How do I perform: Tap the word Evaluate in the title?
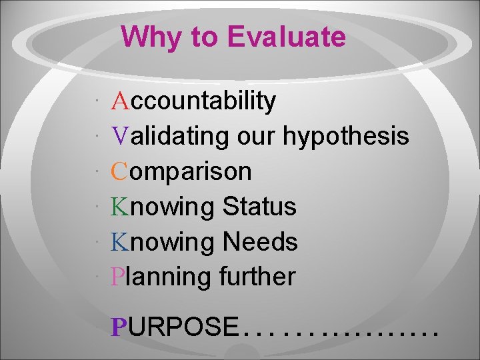click(x=287, y=37)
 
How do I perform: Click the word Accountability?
click(x=194, y=101)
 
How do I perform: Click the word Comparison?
click(x=181, y=172)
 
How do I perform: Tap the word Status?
click(x=259, y=207)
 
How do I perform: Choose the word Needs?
click(x=261, y=241)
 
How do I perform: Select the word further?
click(x=257, y=276)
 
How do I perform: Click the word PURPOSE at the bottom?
click(x=175, y=327)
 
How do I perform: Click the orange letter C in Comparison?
click(x=120, y=171)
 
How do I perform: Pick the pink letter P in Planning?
click(x=119, y=276)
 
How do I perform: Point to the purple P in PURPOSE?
click(x=119, y=327)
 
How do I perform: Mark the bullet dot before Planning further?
click(x=97, y=275)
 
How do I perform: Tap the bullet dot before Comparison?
click(x=97, y=171)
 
